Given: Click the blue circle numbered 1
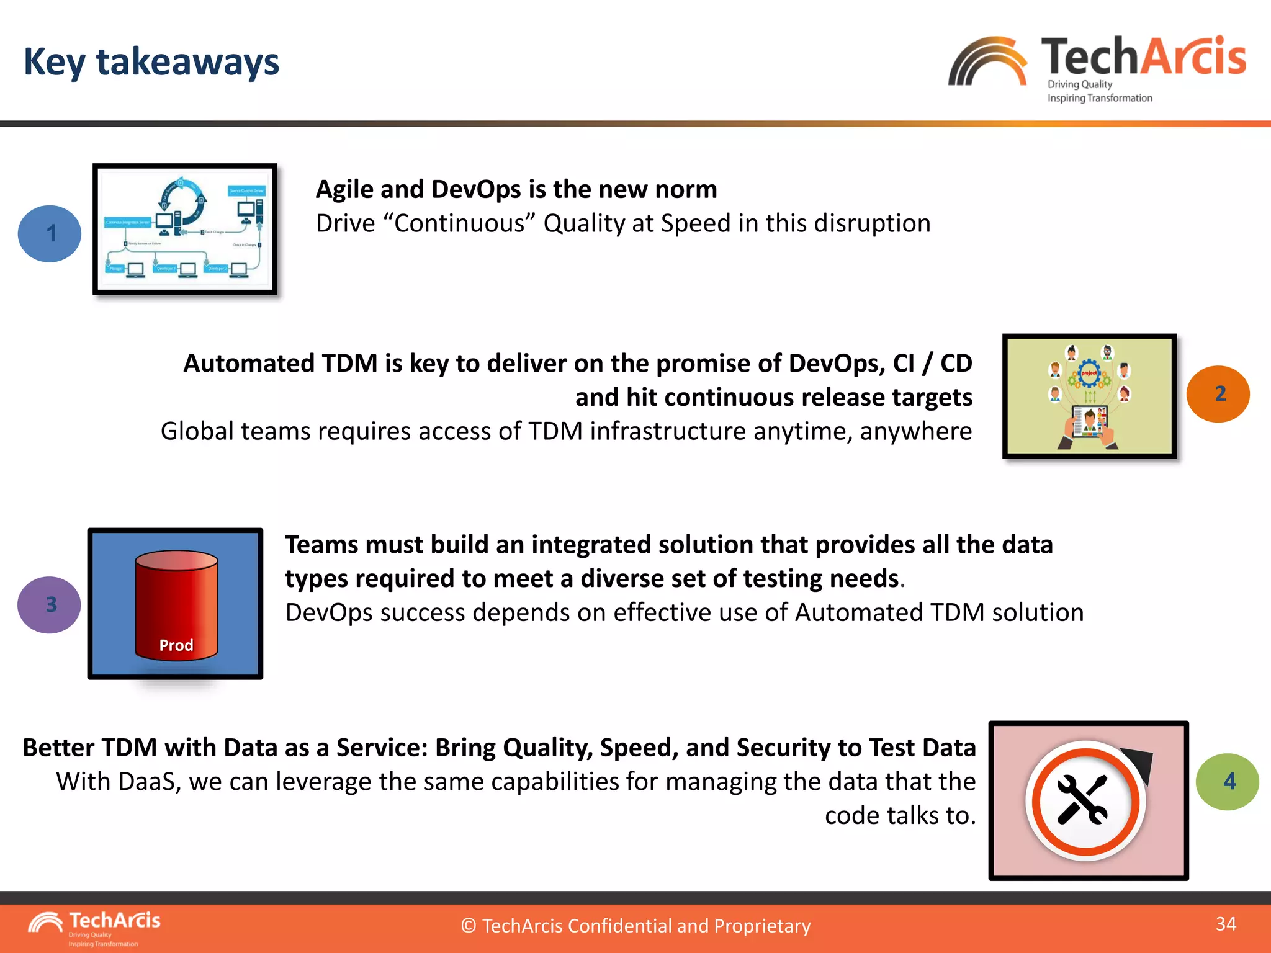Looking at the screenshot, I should [x=50, y=233].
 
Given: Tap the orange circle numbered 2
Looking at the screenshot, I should [x=1218, y=394].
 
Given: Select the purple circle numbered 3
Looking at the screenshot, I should [x=50, y=605].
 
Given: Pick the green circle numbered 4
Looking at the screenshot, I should [x=1227, y=782].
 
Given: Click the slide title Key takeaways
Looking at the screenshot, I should [x=151, y=62].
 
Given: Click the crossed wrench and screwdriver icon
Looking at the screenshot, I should [x=1082, y=800].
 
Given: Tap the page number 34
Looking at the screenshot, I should [x=1226, y=924].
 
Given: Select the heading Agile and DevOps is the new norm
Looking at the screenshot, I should [x=516, y=189].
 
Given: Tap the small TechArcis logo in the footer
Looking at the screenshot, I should [x=93, y=927].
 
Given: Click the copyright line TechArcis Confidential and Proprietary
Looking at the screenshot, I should [x=635, y=926].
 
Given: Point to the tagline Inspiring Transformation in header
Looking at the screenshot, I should [x=1100, y=98].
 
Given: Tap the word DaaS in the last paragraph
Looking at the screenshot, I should [x=146, y=782].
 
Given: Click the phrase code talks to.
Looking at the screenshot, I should [x=900, y=815].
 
